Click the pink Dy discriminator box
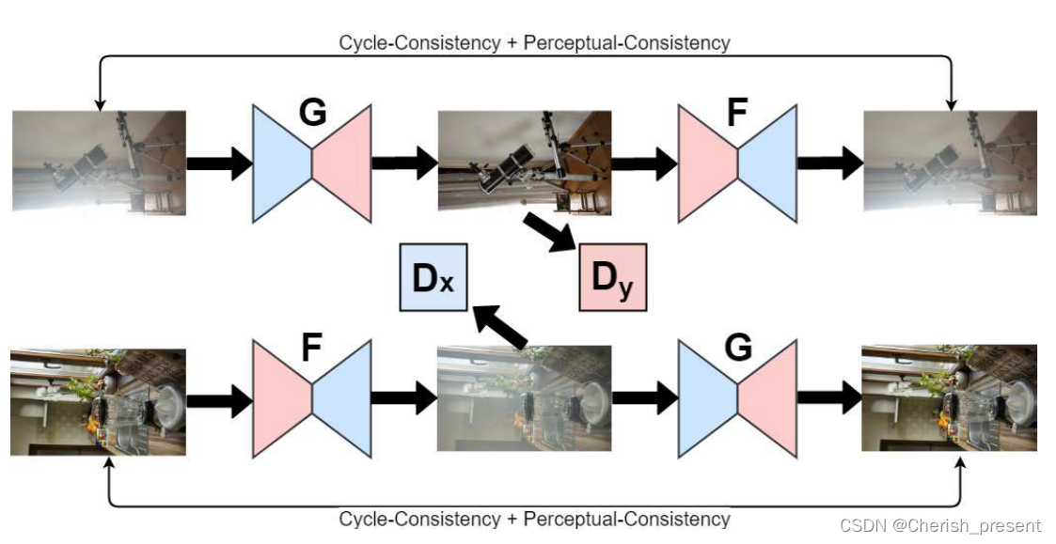click(x=612, y=277)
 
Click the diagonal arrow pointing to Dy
click(x=552, y=230)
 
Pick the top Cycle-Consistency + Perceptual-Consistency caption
click(x=534, y=42)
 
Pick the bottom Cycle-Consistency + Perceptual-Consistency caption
click(x=534, y=519)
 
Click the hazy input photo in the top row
click(x=99, y=162)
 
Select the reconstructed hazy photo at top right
click(x=950, y=163)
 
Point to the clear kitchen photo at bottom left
click(x=98, y=401)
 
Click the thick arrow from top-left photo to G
click(x=219, y=163)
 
